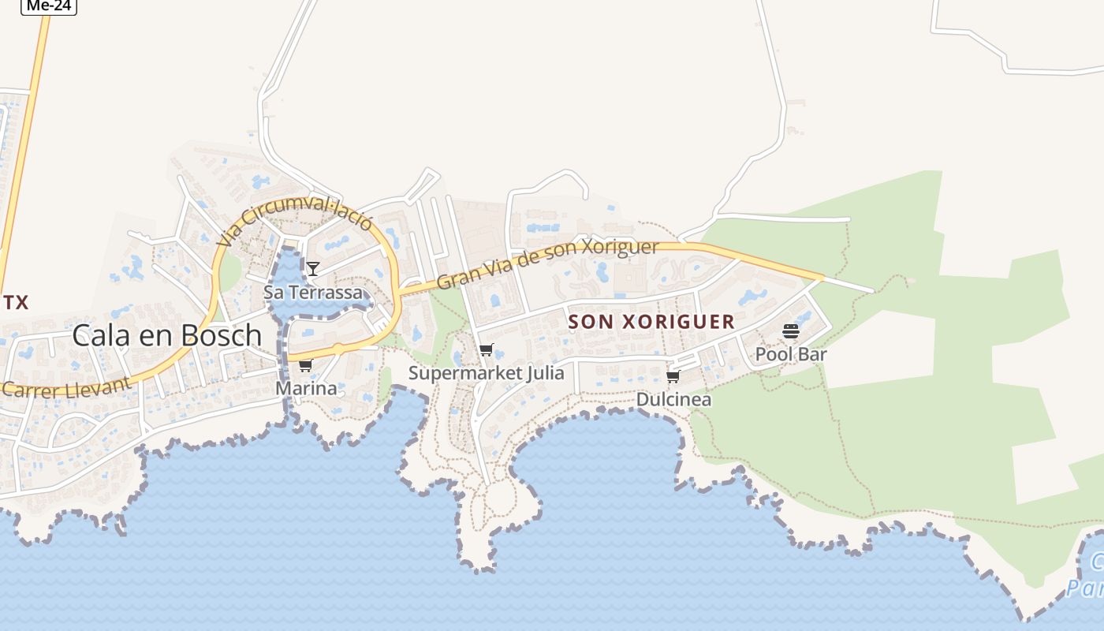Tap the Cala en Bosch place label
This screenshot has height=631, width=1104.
166,335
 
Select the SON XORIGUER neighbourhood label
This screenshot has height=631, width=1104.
651,322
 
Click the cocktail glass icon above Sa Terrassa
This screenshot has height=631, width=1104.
313,269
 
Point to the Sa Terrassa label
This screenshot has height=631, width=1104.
313,293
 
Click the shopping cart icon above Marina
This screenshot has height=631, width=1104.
305,365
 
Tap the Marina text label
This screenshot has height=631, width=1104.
306,388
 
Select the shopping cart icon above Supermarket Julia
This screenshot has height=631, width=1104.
487,349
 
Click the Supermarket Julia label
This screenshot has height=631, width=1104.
486,372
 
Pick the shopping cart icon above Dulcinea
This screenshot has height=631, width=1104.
673,376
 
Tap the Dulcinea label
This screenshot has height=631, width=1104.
673,399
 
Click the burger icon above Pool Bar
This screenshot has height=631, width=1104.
791,331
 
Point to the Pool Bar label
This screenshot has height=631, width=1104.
791,354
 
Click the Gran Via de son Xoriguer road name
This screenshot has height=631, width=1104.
547,263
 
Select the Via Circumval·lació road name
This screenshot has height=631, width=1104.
295,220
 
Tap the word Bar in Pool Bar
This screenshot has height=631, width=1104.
812,354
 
